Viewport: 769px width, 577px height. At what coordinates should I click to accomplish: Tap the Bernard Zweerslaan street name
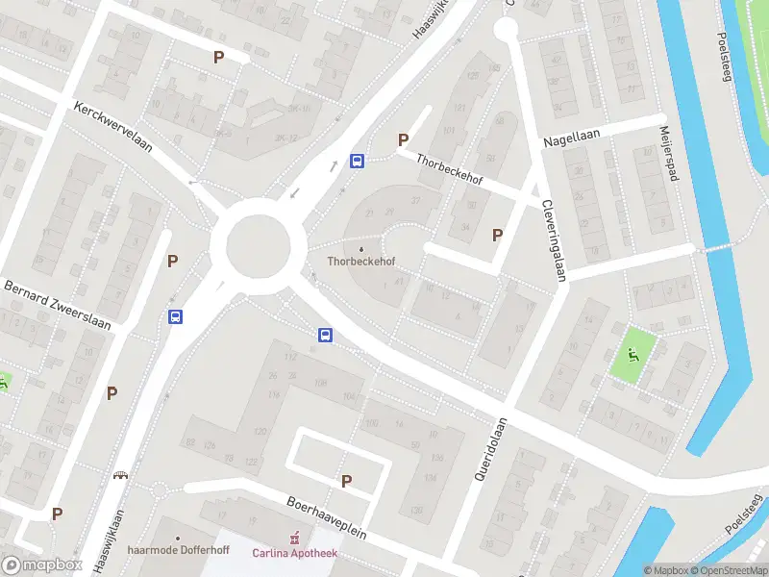(58, 305)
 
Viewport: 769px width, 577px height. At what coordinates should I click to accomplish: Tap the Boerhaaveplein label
(326, 517)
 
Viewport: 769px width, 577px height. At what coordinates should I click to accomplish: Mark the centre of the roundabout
(259, 246)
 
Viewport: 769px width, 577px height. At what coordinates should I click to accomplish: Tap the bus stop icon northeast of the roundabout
(357, 161)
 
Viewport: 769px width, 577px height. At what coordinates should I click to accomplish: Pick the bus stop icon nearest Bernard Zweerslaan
(175, 316)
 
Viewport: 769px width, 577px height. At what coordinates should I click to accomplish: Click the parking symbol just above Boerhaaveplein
(346, 481)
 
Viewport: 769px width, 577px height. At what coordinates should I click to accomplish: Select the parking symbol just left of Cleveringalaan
(498, 235)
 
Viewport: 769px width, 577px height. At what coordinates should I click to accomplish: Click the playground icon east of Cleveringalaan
(633, 354)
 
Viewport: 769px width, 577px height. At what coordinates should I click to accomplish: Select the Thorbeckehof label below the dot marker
(361, 261)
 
